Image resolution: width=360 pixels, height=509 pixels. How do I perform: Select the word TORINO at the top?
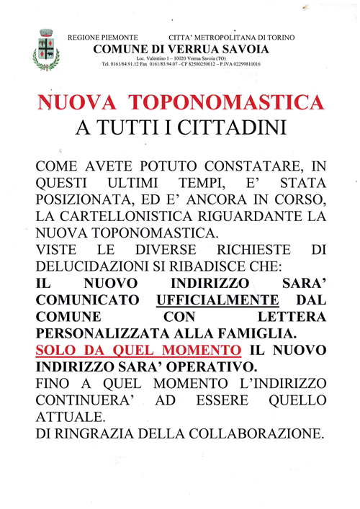279,37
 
